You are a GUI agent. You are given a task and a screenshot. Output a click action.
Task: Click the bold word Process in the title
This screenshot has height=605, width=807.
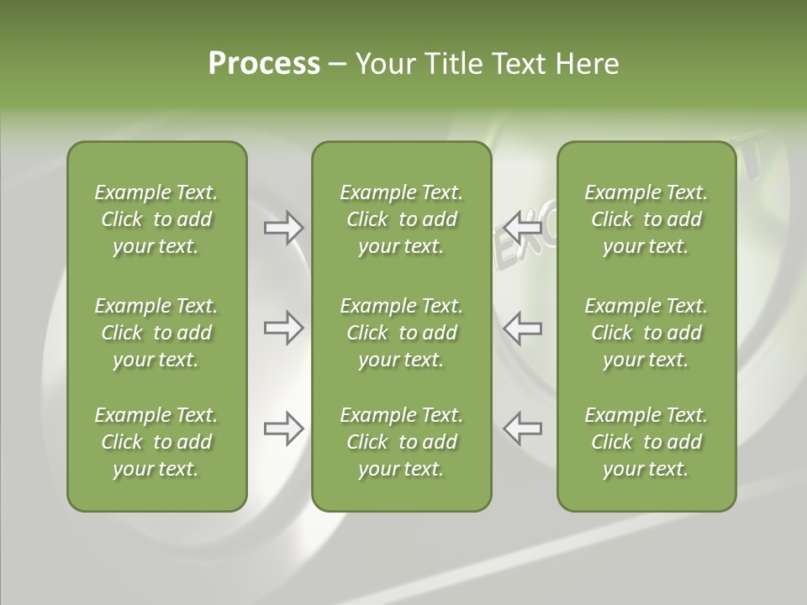coord(264,64)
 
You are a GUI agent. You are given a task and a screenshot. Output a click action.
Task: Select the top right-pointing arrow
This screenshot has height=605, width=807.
coord(283,228)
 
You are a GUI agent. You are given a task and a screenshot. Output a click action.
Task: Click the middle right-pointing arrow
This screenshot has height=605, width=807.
coord(283,328)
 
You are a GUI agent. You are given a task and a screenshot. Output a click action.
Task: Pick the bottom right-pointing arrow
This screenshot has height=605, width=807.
coord(283,429)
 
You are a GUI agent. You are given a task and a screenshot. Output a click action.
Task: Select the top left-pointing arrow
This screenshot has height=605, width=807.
coord(523,228)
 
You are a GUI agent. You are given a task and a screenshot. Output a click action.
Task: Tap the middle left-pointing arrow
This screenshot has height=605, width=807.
coord(523,328)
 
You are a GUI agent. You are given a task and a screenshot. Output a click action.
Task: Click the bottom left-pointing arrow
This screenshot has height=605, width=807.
coord(523,429)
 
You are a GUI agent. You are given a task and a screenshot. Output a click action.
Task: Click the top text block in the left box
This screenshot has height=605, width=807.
coord(156,219)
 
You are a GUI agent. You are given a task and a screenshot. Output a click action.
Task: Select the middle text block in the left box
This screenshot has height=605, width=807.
coord(156,333)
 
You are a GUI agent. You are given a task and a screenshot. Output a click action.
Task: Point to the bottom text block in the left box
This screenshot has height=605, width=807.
coord(156,442)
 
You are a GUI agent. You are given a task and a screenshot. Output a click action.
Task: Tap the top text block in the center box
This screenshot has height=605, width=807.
coord(401,219)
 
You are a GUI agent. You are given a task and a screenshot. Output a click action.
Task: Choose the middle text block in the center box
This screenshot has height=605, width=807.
coord(401,333)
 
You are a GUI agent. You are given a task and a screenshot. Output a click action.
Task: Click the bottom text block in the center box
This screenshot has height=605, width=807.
coord(401,442)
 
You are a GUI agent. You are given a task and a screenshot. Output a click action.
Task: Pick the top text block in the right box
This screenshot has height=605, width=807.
coord(646,219)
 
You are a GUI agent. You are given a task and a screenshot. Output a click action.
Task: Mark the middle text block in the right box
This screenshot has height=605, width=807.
coord(646,333)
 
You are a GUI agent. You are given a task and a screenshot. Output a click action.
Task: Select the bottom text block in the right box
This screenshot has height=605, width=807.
coord(646,442)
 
